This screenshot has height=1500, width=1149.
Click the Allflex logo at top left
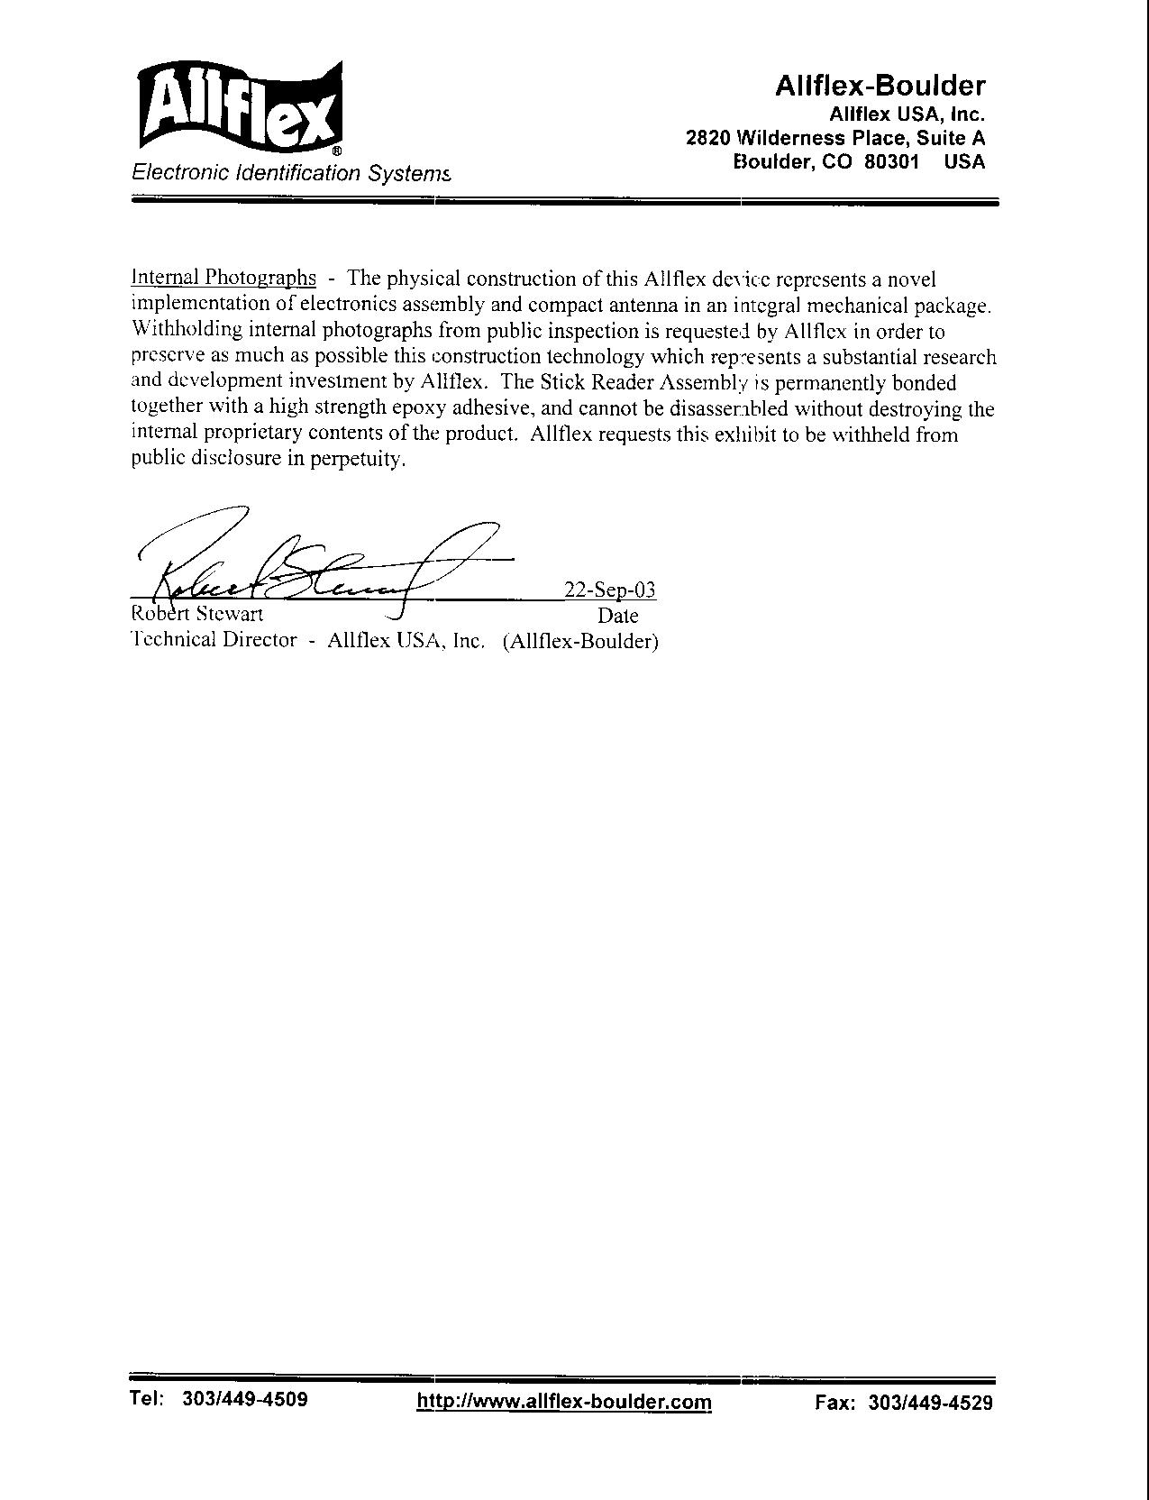point(240,107)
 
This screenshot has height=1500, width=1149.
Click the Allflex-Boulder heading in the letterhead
point(880,86)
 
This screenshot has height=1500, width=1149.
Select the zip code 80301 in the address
point(892,162)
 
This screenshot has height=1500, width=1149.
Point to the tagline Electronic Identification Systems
point(290,172)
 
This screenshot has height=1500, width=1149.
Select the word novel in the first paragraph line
point(908,279)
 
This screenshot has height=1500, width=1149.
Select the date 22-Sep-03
point(609,590)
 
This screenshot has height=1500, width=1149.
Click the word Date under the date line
point(617,617)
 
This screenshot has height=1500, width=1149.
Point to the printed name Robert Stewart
point(197,615)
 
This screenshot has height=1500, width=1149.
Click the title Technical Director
point(214,640)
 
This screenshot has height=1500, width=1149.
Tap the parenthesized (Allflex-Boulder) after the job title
point(581,641)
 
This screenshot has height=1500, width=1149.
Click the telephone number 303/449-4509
point(245,1399)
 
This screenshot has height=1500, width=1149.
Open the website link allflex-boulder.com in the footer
point(564,1402)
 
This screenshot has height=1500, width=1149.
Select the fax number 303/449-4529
point(930,1403)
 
